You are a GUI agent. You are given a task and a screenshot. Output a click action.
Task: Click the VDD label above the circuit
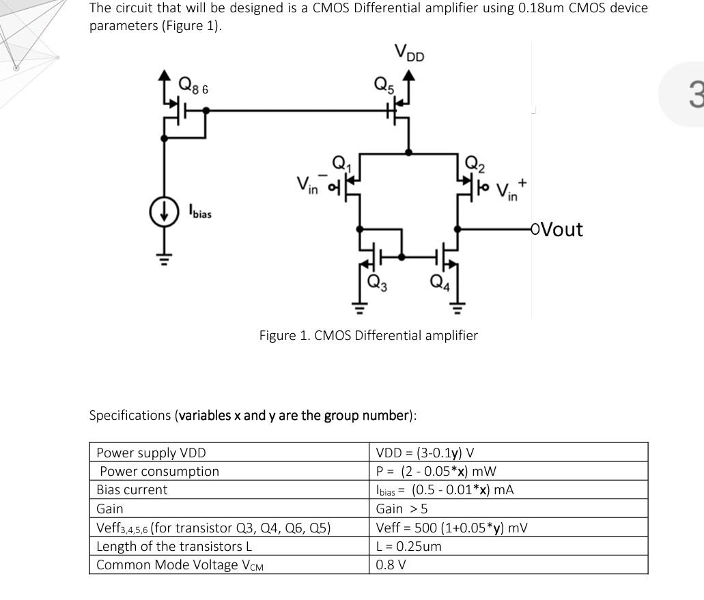(x=409, y=53)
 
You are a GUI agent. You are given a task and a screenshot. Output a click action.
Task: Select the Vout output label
(x=558, y=229)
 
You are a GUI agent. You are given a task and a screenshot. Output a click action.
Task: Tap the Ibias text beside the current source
(x=200, y=212)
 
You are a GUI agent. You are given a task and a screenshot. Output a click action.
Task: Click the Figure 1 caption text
(x=368, y=335)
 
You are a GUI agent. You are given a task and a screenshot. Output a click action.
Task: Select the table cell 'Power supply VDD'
(x=151, y=453)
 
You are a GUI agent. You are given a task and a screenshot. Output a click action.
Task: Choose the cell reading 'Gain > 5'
(x=402, y=509)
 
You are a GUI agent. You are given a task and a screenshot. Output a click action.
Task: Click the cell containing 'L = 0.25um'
(x=408, y=546)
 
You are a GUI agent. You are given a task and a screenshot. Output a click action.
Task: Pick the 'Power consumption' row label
(x=159, y=471)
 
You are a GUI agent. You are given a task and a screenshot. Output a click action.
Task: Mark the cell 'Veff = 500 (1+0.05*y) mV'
(x=451, y=528)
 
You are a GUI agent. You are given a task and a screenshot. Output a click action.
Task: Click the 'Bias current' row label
(x=132, y=490)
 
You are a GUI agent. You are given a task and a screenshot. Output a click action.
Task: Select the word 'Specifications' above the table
(x=130, y=415)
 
